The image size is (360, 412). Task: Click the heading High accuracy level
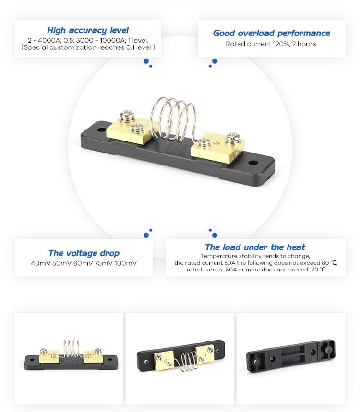click(x=88, y=30)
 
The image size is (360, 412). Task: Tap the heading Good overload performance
click(x=271, y=33)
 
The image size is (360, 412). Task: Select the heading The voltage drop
click(x=84, y=253)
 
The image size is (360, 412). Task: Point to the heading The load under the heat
click(x=255, y=247)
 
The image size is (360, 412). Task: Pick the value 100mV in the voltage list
click(x=125, y=263)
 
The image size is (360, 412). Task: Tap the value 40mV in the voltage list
click(x=41, y=263)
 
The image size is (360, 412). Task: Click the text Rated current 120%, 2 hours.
click(x=272, y=44)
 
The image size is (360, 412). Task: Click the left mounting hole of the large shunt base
click(x=101, y=129)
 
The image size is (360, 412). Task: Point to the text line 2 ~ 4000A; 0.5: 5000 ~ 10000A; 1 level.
click(x=88, y=40)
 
